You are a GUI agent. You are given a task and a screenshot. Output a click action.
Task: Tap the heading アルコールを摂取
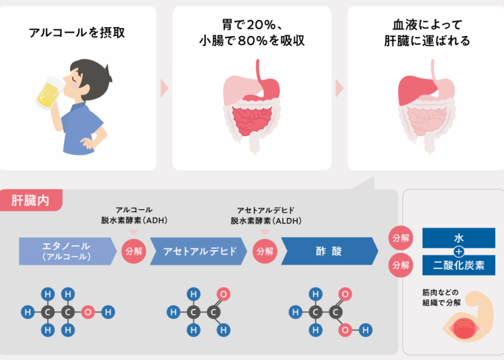coord(77,33)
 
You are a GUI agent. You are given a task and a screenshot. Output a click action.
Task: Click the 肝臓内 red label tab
coord(31,201)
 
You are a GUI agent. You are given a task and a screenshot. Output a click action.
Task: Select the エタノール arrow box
coord(67,251)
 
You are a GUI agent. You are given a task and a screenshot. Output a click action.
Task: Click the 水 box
coord(459,238)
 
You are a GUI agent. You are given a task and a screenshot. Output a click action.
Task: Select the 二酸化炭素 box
coord(459,265)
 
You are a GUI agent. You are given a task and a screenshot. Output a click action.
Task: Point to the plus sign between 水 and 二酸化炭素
coord(459,252)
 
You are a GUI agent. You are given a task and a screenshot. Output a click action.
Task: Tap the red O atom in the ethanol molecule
coord(88,312)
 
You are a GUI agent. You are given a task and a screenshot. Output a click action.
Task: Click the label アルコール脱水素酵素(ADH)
coord(134,215)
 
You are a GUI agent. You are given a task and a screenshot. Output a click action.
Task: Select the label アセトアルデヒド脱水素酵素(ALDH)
coord(266,216)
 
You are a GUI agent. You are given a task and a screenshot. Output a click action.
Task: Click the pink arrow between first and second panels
coord(164,88)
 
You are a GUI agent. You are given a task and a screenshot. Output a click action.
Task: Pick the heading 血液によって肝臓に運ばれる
coord(427,33)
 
